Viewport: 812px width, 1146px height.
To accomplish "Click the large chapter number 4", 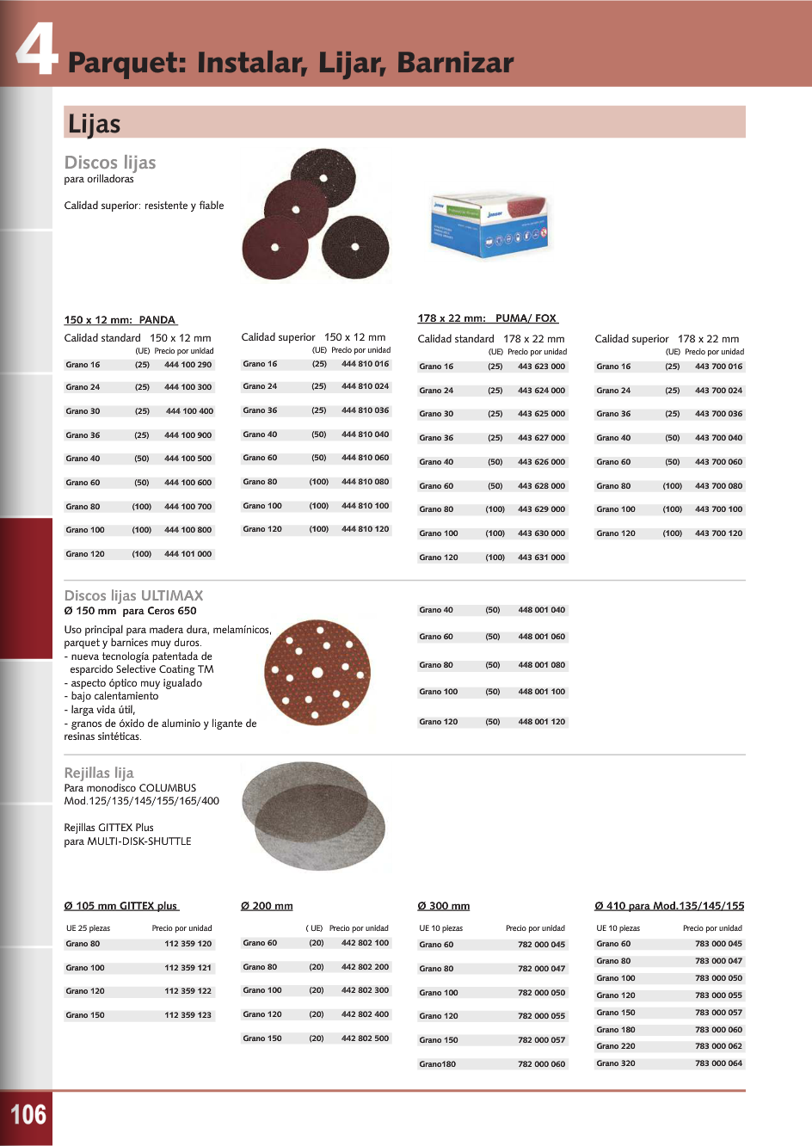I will [x=36, y=49].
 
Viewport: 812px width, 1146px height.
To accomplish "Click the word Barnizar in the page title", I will [x=455, y=63].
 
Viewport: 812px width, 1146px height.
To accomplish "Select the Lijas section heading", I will [x=95, y=124].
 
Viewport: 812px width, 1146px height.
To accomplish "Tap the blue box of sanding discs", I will [x=489, y=225].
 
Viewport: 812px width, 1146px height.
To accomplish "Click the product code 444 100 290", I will [x=188, y=365].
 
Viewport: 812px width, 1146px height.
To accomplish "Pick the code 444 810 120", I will [x=365, y=529].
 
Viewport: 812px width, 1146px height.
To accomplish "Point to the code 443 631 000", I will [x=541, y=558].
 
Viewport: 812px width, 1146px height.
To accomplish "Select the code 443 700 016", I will [x=718, y=367].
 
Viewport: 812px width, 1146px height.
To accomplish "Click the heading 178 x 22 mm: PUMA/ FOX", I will [x=488, y=318].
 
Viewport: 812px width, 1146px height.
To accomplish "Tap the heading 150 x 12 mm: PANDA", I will [x=120, y=320].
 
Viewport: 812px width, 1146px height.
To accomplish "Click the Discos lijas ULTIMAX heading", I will [x=134, y=595].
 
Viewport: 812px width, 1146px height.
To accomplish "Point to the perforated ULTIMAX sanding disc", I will [x=317, y=672].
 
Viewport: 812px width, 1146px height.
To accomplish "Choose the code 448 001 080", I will [x=541, y=665].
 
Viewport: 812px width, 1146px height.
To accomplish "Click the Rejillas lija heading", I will [x=99, y=773].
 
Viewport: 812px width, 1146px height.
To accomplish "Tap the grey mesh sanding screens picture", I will [x=313, y=816].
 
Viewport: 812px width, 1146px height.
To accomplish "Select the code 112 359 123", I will [x=188, y=1015].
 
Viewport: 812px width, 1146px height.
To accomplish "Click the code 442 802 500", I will [x=365, y=1038].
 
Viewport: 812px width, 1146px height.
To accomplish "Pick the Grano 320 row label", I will [x=616, y=1063].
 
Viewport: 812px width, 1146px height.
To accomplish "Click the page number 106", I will [x=28, y=1115].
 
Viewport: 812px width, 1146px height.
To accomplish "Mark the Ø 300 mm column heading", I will [x=444, y=906].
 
